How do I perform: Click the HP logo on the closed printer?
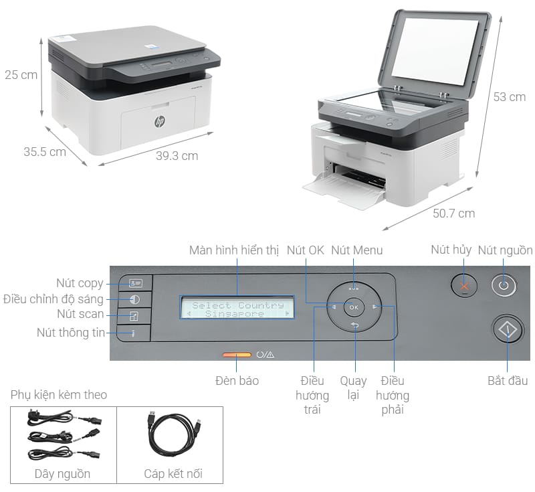159,121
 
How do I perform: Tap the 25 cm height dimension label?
21,75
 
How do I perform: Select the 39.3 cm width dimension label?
177,156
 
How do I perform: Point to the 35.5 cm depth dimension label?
45,151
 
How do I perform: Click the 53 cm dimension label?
510,97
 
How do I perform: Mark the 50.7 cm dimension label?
454,214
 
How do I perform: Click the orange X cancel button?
464,286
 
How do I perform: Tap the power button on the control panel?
504,285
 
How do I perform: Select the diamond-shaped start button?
508,330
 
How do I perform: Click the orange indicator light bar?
237,355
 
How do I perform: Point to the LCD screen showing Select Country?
237,308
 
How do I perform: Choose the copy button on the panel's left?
136,283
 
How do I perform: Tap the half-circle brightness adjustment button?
135,300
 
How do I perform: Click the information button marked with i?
133,333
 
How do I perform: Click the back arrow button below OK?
355,325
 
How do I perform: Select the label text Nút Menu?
357,250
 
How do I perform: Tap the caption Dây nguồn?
62,474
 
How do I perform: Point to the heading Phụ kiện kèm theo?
59,395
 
